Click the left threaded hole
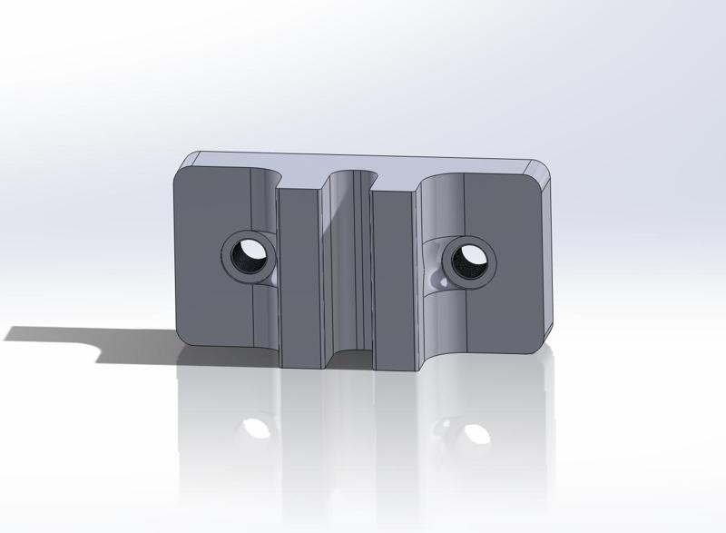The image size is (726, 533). (246, 254)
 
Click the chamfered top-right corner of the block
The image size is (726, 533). (541, 170)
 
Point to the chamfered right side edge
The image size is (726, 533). (546, 263)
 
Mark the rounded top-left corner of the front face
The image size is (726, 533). (180, 173)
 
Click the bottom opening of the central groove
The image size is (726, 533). (348, 360)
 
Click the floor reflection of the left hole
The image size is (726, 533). (258, 426)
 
